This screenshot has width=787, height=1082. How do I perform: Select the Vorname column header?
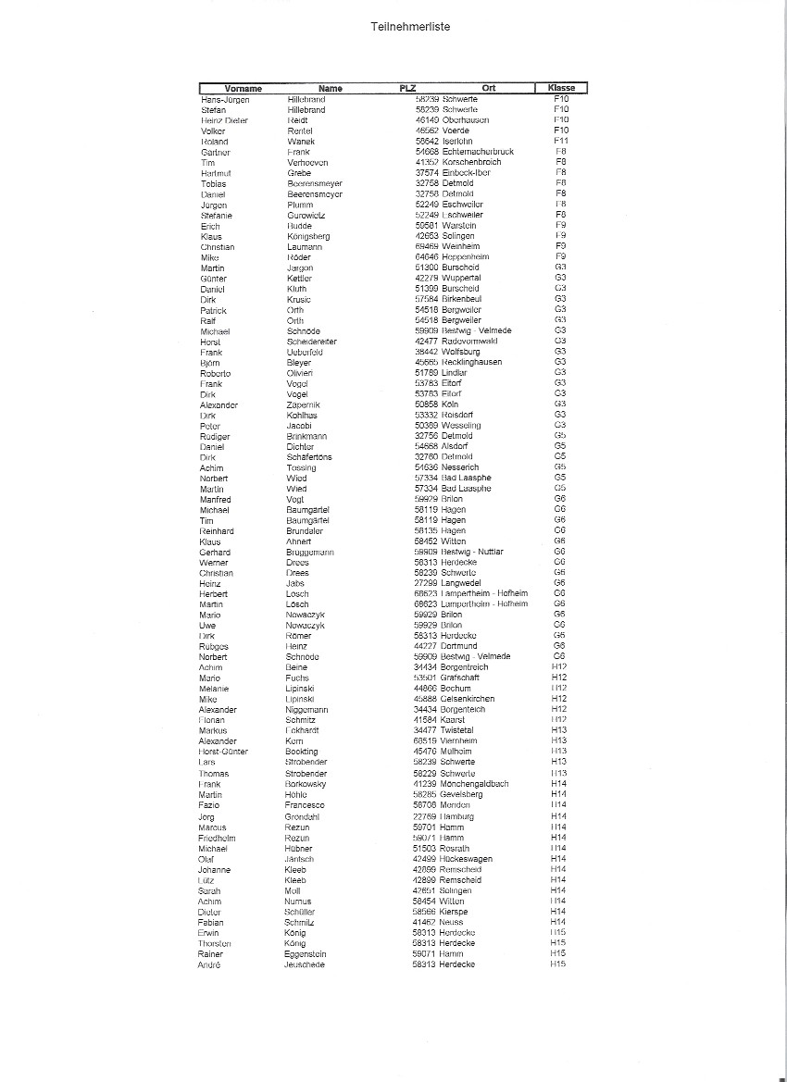point(244,89)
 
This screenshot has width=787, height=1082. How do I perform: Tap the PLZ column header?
point(408,89)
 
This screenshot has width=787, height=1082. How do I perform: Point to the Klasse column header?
point(561,89)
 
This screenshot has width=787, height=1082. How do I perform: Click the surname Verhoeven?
point(307,163)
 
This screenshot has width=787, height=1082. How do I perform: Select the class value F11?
point(560,142)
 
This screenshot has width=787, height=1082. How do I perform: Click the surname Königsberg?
point(308,237)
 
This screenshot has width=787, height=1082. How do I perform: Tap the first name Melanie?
point(214,689)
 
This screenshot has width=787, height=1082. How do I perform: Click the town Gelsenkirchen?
point(468,699)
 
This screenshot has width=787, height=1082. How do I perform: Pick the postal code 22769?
point(424,817)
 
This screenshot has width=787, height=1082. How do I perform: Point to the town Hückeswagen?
point(468,859)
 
